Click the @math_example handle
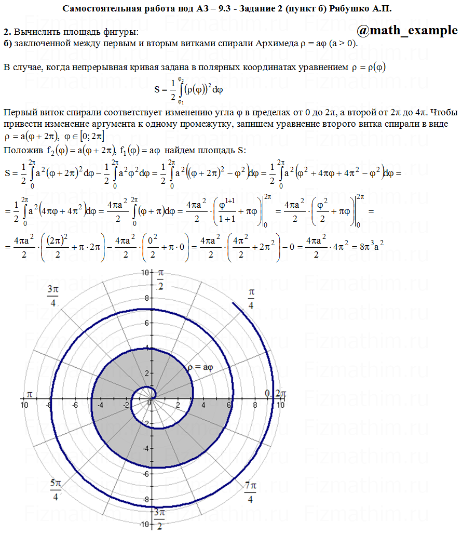pyautogui.click(x=407, y=31)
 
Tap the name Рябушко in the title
pyautogui.click(x=352, y=9)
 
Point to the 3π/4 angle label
pyautogui.click(x=52, y=296)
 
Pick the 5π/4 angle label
pyautogui.click(x=56, y=490)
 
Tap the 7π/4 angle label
pyautogui.click(x=250, y=492)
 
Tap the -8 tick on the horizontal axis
pyautogui.click(x=49, y=405)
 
